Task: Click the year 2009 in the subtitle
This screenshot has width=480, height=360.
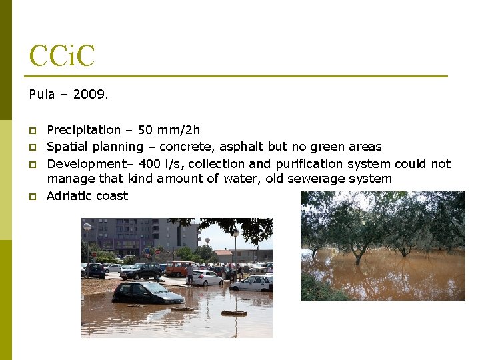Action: point(89,95)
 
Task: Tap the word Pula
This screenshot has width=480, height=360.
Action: point(41,95)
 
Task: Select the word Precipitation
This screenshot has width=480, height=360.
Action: point(84,129)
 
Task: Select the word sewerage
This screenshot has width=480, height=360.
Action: point(331,179)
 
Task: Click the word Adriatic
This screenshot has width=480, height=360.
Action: point(69,196)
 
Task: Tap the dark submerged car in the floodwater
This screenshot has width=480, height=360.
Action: point(139,293)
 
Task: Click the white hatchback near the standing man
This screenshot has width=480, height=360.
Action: point(207,277)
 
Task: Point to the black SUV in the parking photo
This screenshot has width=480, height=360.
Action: point(141,271)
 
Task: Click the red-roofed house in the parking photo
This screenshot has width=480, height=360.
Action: point(224,255)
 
